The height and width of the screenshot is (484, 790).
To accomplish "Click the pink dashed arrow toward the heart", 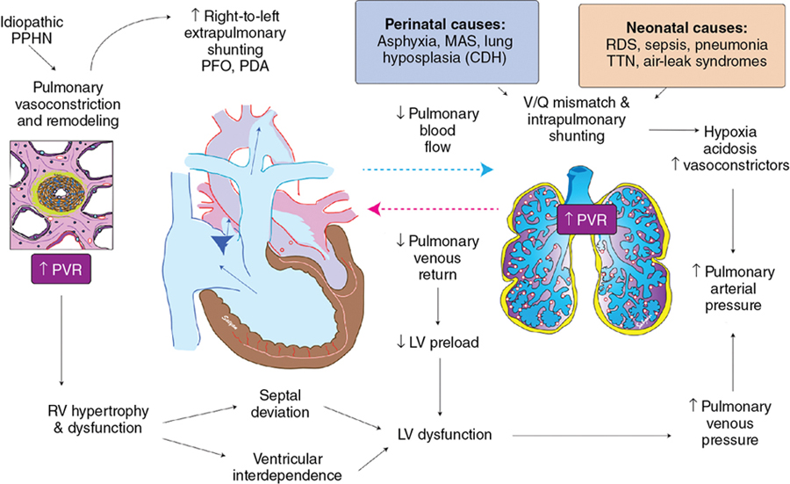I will coord(434,209).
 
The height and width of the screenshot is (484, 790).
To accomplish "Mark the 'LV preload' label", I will coord(438,342).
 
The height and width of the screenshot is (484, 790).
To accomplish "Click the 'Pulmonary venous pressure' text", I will coord(728,423).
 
